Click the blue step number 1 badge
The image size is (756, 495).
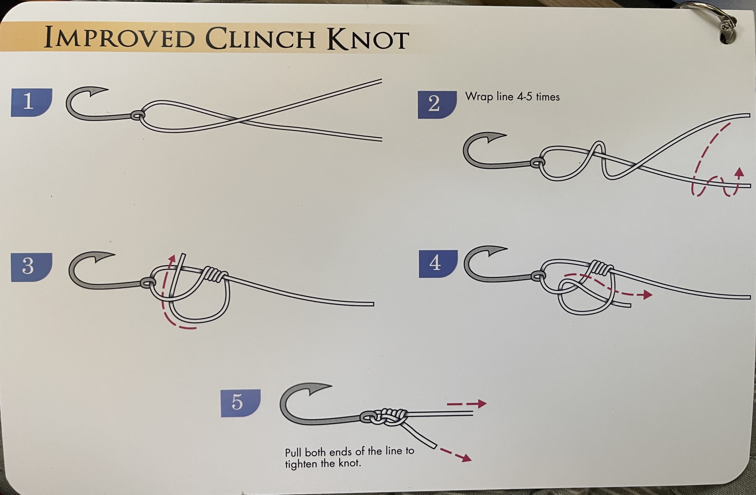coord(31,102)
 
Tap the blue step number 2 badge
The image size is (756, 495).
coord(437,105)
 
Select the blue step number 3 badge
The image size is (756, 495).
coord(31,267)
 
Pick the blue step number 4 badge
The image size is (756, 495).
coord(438,264)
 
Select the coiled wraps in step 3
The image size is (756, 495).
coord(215,274)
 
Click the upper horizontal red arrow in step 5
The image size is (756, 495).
coord(466,404)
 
